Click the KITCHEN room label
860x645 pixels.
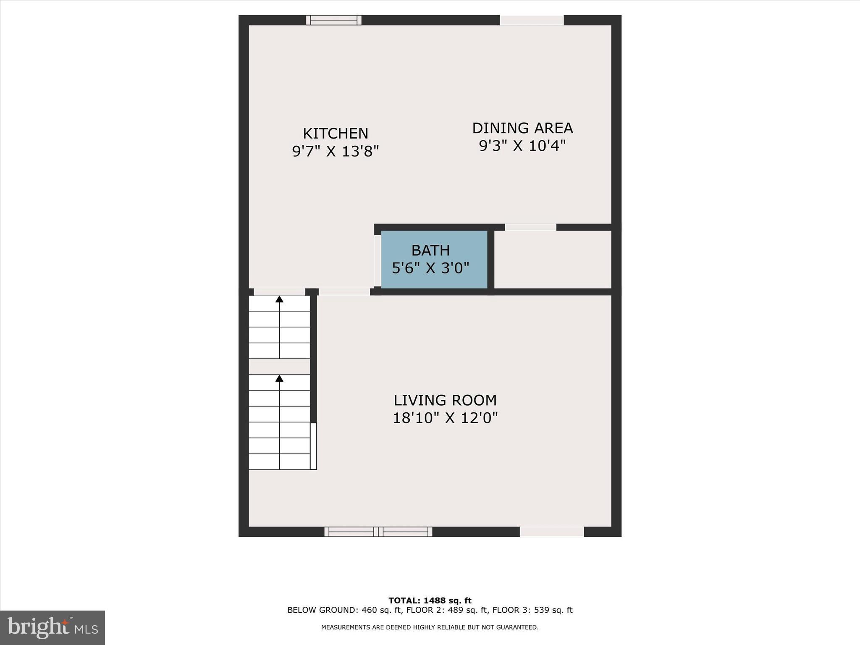point(335,134)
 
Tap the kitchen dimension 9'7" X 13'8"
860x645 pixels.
point(335,151)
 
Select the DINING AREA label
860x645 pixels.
point(522,128)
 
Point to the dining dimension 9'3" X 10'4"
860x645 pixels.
point(522,146)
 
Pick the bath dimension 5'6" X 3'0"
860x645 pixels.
point(430,268)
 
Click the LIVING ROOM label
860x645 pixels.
point(445,400)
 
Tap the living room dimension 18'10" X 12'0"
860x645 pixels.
point(445,418)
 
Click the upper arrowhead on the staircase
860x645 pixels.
point(279,299)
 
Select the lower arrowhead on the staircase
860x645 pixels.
point(279,378)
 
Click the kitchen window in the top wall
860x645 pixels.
point(333,20)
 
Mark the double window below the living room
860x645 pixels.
point(378,532)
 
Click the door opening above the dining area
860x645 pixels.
point(531,20)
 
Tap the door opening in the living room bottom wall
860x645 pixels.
point(551,532)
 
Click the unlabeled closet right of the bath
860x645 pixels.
point(553,259)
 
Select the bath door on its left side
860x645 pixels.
point(378,260)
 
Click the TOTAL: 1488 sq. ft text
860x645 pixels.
point(430,600)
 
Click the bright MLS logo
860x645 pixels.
point(52,627)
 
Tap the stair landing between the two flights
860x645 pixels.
point(279,367)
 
